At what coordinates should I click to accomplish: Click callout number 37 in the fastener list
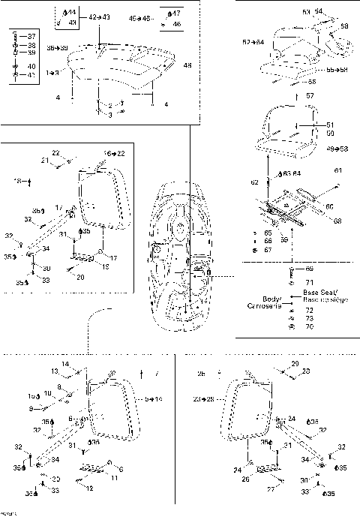31,36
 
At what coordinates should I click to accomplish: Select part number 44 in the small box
72,13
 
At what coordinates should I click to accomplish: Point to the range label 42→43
98,16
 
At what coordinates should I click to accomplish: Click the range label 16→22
113,152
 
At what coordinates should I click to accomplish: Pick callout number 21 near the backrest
45,160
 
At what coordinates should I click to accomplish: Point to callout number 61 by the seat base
338,171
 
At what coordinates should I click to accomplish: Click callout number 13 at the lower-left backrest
55,371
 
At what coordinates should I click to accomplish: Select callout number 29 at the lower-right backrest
295,363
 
